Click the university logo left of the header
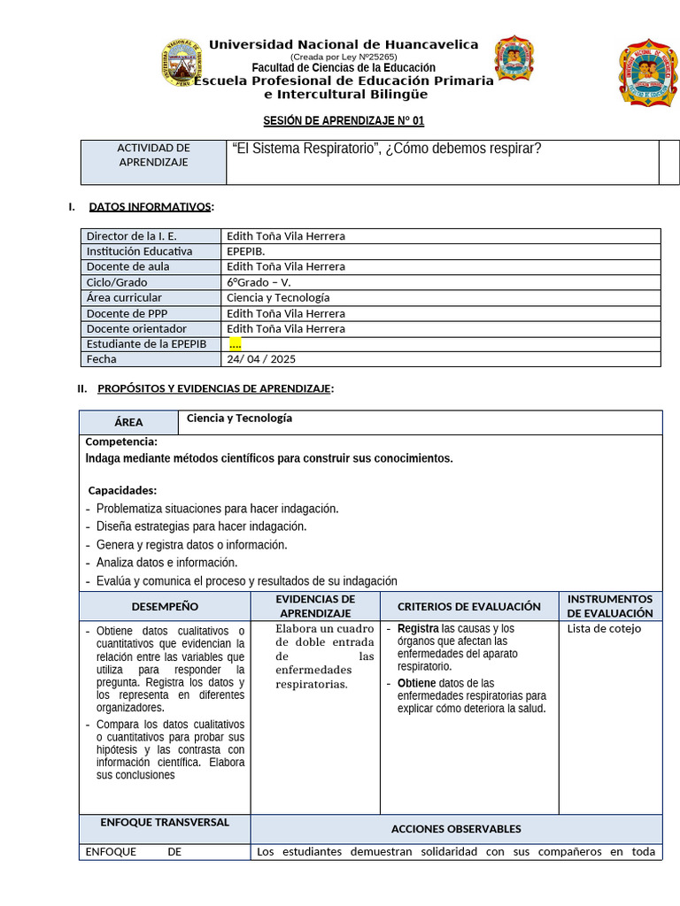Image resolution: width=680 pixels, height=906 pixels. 182,63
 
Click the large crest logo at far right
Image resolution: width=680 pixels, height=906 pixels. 647,73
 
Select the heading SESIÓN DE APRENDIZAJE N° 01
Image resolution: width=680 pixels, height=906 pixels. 337,121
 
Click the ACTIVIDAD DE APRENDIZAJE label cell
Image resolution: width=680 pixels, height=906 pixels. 153,155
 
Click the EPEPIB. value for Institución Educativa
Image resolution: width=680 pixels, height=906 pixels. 245,251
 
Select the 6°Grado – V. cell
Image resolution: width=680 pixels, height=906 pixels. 259,282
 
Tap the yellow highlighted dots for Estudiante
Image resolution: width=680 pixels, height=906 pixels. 235,344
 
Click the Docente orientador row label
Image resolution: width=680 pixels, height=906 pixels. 136,328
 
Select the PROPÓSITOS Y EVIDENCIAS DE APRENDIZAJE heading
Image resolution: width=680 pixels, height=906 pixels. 214,388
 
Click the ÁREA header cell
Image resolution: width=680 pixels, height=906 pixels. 128,423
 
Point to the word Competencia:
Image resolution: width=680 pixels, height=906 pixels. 121,441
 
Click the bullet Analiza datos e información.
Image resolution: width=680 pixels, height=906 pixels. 166,563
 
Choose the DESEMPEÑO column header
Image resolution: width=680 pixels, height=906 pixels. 165,607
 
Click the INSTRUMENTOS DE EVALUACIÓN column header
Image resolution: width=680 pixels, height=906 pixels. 610,606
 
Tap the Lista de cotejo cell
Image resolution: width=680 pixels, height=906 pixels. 604,629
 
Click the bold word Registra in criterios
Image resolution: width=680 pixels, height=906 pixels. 418,629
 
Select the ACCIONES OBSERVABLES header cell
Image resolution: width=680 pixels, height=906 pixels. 456,829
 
